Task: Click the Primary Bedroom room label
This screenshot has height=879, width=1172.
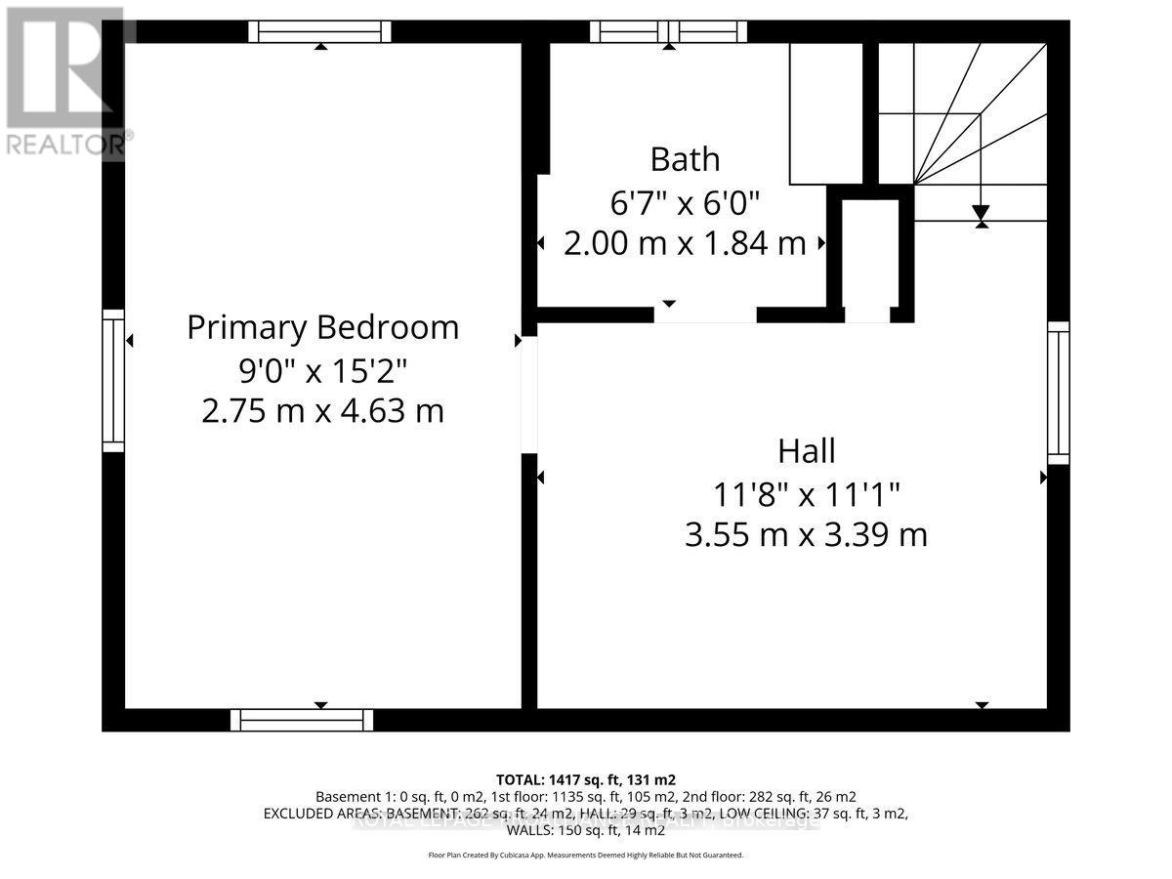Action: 322,327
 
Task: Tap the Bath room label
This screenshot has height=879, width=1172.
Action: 685,158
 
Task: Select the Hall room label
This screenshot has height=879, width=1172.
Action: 806,451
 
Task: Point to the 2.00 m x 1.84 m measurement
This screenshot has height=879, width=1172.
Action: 685,243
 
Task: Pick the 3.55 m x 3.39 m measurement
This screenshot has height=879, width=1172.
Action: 806,535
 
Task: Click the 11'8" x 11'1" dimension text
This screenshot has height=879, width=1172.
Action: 806,494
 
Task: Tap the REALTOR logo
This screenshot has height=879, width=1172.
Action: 64,83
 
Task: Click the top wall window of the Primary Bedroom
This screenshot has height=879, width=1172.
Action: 319,32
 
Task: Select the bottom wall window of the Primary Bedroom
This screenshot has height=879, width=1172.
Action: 302,720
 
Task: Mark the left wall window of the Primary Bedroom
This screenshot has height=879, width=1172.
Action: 114,381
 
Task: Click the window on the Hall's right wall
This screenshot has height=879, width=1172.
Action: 1059,393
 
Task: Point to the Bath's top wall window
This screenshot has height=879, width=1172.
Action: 668,32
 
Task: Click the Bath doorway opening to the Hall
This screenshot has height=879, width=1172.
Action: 705,314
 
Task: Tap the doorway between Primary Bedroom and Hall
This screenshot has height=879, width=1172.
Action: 528,396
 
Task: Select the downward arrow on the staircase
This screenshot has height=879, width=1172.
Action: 981,213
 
